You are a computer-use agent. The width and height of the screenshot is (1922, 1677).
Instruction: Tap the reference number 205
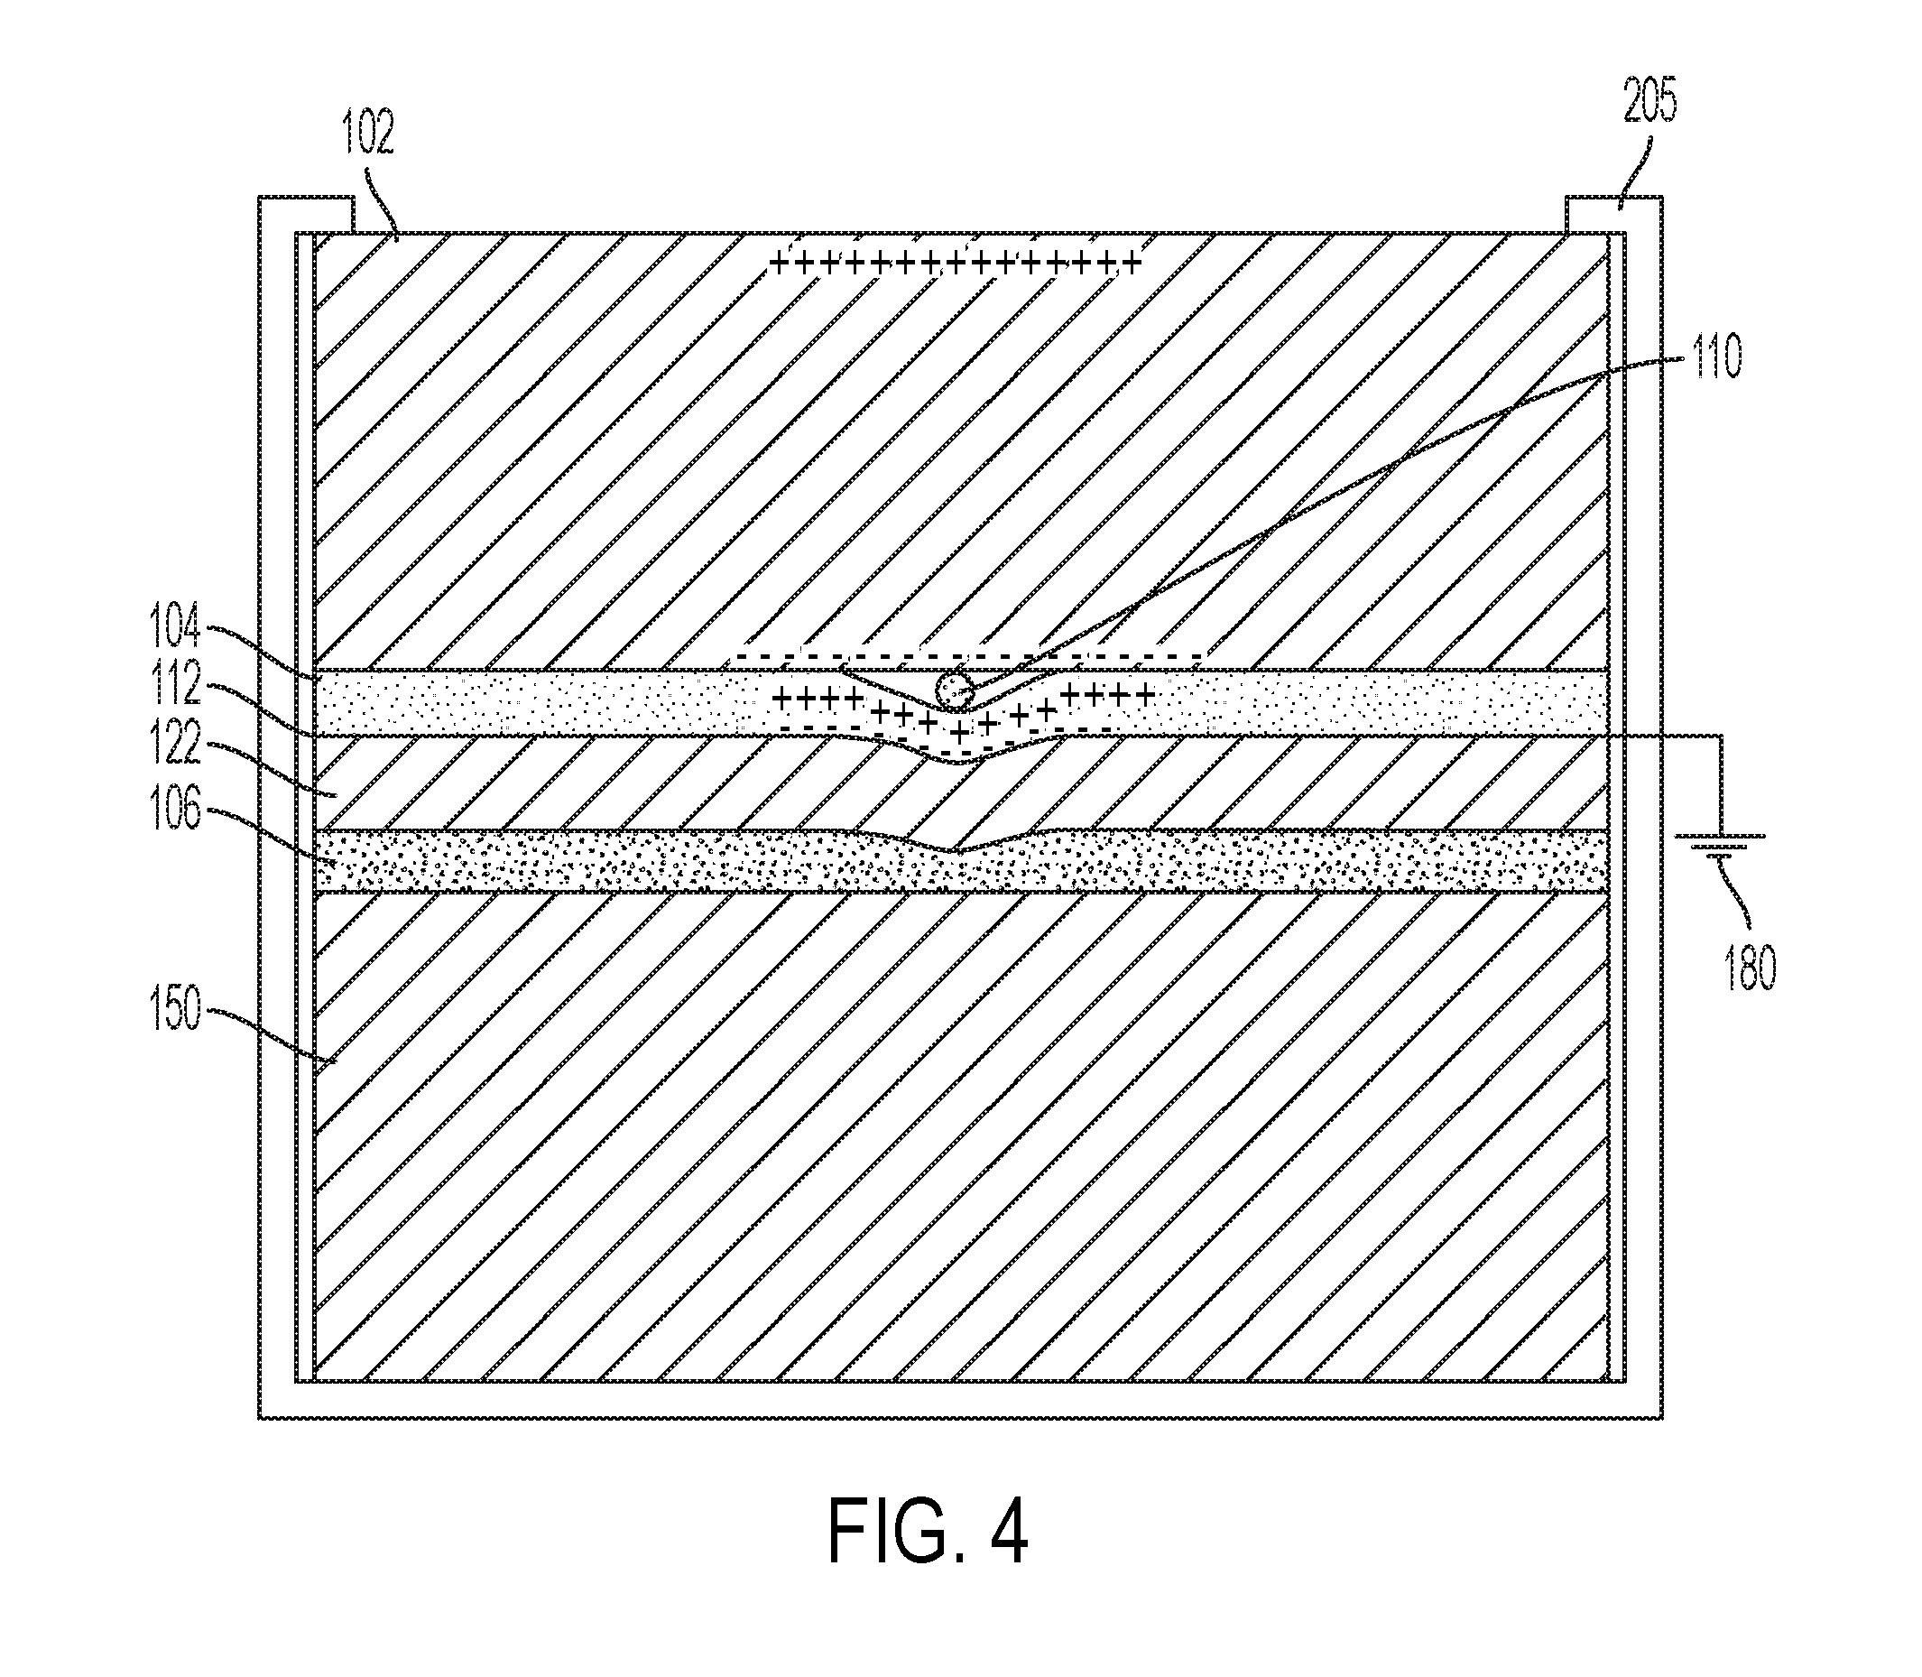coord(1649,101)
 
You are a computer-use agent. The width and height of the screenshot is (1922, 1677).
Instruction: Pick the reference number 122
coord(176,746)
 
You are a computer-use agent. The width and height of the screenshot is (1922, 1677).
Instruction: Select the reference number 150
coord(176,1011)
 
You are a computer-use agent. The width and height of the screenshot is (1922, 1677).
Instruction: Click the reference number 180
coord(1748,968)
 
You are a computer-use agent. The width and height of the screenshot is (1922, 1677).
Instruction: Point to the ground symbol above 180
coord(1720,845)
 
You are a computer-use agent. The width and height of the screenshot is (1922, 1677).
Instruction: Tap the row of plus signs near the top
coord(955,263)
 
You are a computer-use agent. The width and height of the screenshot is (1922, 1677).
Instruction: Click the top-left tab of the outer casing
coord(307,214)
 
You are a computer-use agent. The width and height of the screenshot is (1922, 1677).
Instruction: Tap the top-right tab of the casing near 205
coord(1613,214)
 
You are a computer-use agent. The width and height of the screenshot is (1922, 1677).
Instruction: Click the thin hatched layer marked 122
coord(961,784)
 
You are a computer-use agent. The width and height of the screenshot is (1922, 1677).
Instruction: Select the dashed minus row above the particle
coord(968,654)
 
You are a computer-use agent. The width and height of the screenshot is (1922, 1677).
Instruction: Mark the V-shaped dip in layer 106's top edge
coord(953,849)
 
